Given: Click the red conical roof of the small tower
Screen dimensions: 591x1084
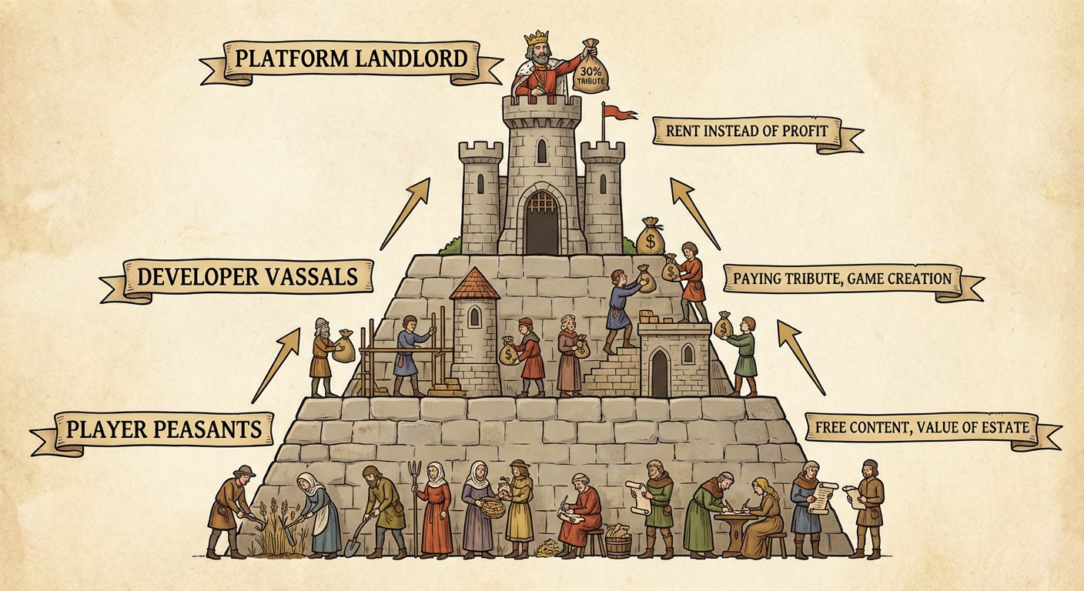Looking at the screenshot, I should coord(474,284).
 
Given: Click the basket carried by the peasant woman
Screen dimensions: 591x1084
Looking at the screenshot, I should coord(492,507).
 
